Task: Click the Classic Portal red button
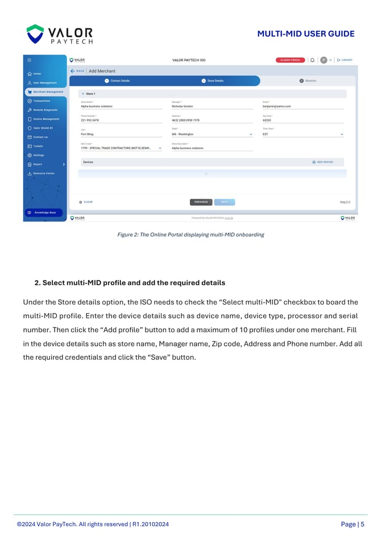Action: coord(290,60)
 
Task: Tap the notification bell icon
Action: coord(312,60)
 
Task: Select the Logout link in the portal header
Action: coord(345,60)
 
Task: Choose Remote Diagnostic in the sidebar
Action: coord(45,110)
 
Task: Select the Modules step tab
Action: coord(308,81)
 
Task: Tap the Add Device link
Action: coord(322,162)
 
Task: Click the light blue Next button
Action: coord(225,202)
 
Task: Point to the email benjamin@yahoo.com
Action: coord(277,106)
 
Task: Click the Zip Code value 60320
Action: coord(267,120)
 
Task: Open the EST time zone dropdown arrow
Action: coord(342,135)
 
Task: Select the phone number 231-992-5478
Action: coord(90,120)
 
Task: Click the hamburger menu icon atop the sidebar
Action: coord(30,60)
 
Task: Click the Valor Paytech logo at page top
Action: coord(59,34)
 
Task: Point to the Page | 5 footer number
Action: coord(353,524)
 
